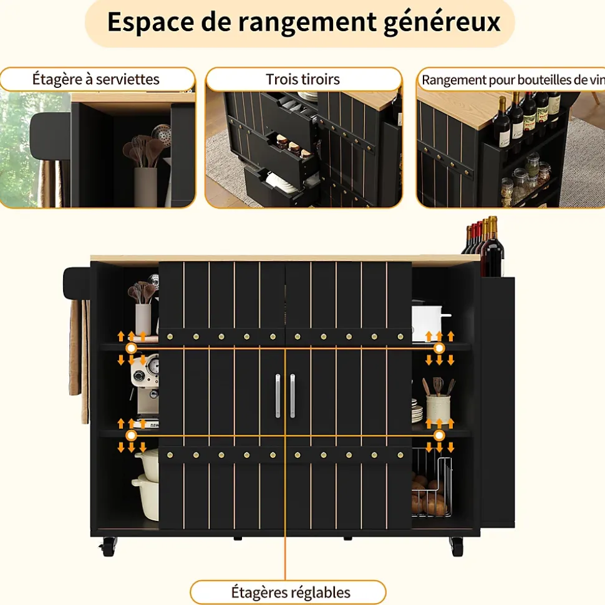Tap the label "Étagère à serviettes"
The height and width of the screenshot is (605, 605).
(96, 79)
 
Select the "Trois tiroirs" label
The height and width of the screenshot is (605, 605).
(303, 79)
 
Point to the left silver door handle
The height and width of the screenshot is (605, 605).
(278, 396)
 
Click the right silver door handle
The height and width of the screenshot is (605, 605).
(293, 396)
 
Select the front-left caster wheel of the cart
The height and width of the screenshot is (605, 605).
(108, 546)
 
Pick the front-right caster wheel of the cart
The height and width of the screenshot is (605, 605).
(457, 546)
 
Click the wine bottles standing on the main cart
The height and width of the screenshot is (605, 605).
(484, 246)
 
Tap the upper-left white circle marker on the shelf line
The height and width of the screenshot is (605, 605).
(132, 348)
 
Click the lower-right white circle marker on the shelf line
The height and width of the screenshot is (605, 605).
(439, 436)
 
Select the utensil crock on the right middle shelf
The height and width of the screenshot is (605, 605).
(438, 401)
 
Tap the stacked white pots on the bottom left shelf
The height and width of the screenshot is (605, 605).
(147, 484)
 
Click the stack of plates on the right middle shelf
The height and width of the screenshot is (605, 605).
(417, 411)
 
